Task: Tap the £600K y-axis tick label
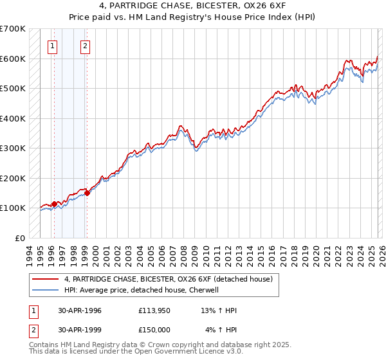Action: tap(13, 59)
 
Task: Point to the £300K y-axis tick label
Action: tap(13, 148)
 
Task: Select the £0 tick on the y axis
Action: tap(21, 238)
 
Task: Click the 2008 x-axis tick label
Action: tap(184, 255)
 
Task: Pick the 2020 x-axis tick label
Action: tap(316, 255)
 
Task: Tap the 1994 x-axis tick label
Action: tap(30, 255)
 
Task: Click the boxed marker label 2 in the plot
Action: tap(85, 46)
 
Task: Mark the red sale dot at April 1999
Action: tap(87, 193)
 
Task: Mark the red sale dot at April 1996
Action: tap(54, 204)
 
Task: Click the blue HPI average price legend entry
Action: tap(142, 290)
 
